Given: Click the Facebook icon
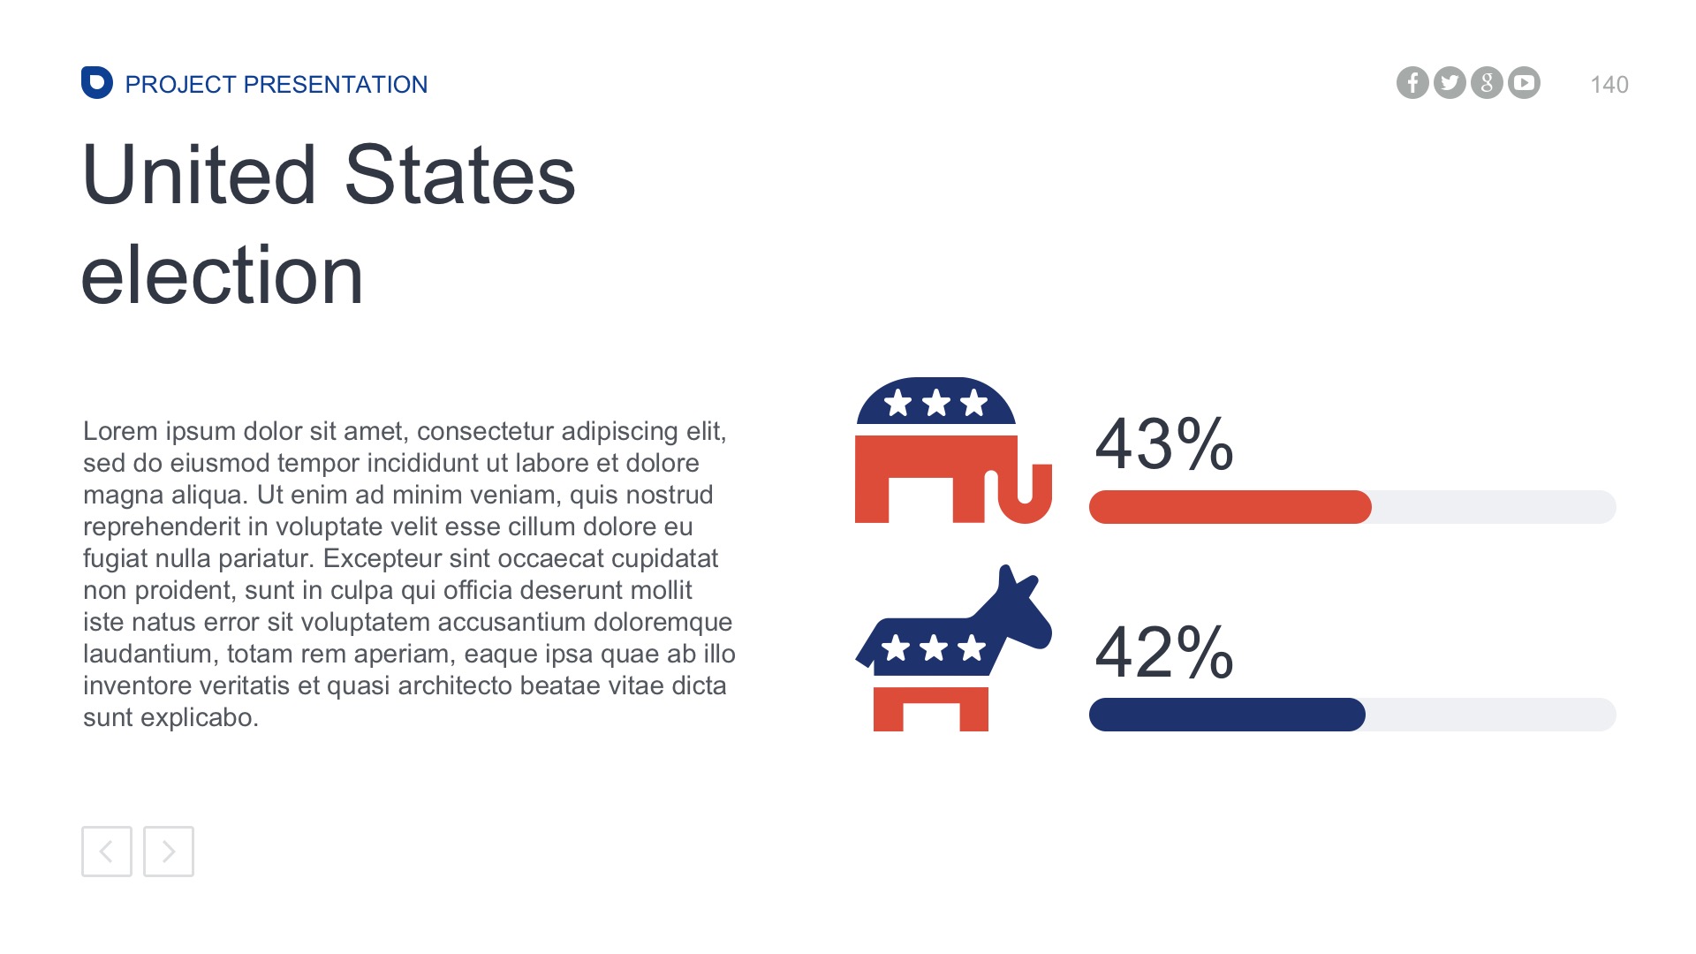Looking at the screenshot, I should [x=1412, y=83].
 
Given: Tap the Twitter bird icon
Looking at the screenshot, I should [x=1450, y=83].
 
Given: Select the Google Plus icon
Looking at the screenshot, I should [x=1487, y=83].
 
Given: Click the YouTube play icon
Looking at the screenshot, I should [x=1524, y=83].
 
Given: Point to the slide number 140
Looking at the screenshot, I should [x=1609, y=85].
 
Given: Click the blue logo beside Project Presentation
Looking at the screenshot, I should [x=97, y=83].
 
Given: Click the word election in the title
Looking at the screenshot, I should [x=222, y=276].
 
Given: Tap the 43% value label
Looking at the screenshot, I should [x=1163, y=443].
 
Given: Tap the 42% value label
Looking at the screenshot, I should [x=1163, y=652].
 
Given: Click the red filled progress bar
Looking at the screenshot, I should [x=1230, y=507].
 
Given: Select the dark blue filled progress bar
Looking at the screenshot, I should [x=1227, y=715].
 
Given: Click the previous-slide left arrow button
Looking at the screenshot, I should [x=107, y=852].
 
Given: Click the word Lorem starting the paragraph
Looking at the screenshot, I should [x=120, y=432].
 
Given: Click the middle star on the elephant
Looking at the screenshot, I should [x=935, y=404].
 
